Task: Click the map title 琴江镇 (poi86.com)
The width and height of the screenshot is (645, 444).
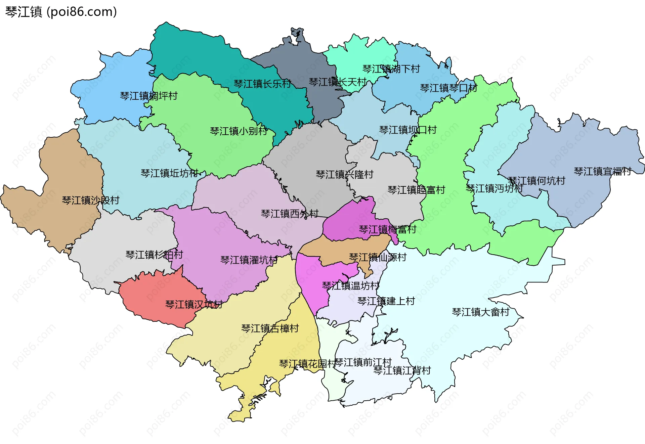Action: [x=61, y=12]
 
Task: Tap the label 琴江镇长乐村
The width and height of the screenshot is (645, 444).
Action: [x=262, y=84]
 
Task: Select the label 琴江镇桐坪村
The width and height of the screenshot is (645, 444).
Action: [x=149, y=96]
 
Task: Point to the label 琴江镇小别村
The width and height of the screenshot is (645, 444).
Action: [x=239, y=131]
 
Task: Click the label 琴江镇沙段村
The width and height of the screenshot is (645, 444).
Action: [x=91, y=201]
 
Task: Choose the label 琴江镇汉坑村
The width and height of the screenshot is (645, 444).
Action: [x=194, y=305]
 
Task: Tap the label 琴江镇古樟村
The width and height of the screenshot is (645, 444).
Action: [x=270, y=328]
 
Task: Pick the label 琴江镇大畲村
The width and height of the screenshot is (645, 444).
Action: [x=480, y=312]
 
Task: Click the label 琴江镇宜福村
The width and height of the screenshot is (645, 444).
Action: [x=603, y=172]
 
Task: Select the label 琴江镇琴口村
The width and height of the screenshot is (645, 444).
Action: [x=448, y=88]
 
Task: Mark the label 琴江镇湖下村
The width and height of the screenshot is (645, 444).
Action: [x=391, y=69]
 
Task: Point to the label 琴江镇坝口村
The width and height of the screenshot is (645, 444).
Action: [x=408, y=130]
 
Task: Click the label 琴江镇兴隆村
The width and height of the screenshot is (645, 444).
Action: [x=344, y=175]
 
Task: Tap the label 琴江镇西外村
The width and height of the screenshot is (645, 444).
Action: [x=290, y=214]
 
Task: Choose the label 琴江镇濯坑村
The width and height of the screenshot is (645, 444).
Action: [x=249, y=260]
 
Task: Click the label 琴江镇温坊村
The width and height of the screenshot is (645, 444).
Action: [x=350, y=286]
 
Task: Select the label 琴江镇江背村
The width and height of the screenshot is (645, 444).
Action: [x=402, y=371]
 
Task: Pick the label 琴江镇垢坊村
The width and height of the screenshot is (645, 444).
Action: [x=169, y=173]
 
